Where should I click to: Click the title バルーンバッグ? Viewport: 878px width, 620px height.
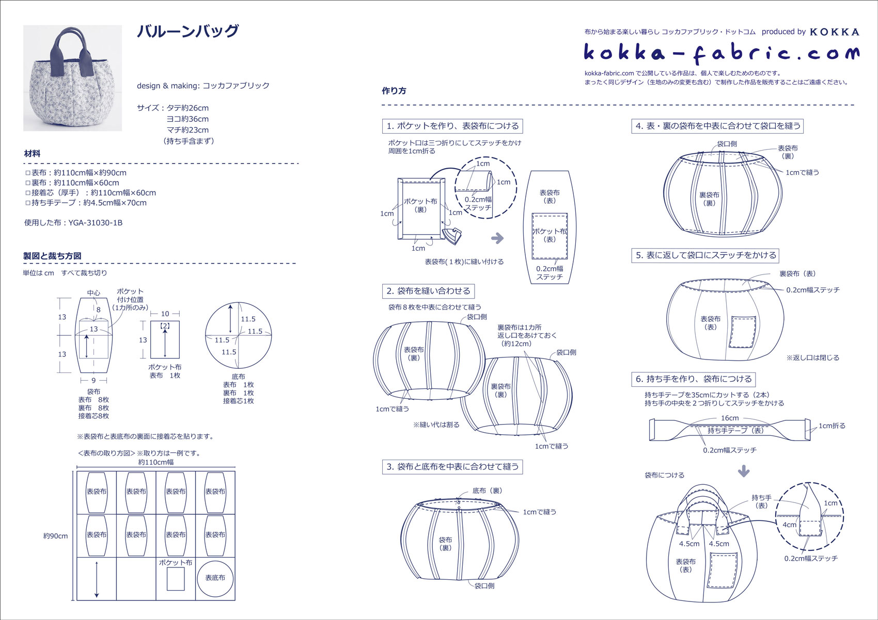tap(188, 31)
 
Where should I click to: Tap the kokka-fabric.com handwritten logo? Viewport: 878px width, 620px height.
tap(722, 54)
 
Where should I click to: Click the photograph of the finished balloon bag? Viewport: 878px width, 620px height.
tap(72, 78)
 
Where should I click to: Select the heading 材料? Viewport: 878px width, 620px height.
tap(32, 153)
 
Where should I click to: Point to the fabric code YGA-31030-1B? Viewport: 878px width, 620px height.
tap(95, 223)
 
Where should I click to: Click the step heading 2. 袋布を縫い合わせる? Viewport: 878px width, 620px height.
tap(429, 291)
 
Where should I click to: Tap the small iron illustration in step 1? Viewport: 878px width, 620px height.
tap(452, 236)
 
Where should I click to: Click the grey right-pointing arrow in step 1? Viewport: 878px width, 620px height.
tap(497, 238)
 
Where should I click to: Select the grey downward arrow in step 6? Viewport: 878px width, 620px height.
tap(744, 471)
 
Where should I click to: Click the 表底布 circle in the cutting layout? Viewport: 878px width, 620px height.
tap(215, 578)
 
